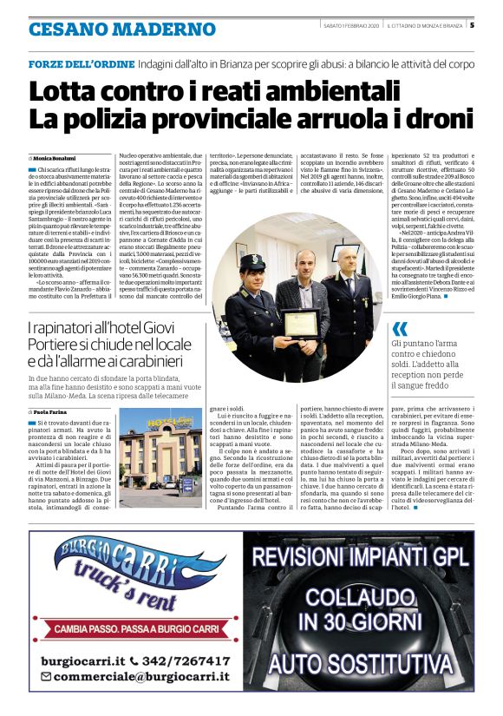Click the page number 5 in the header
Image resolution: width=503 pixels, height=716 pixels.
point(472,25)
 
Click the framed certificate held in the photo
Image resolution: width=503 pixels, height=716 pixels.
point(301,323)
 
